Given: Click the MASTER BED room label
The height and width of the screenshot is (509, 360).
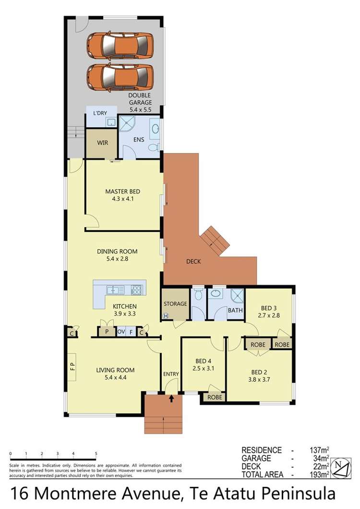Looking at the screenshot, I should (122, 192).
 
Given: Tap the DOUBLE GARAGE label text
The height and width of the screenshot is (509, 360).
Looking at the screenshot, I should (140, 99).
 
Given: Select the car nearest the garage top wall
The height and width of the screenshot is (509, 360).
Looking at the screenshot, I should (120, 45).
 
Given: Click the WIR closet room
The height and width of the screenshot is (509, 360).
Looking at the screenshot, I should (102, 143).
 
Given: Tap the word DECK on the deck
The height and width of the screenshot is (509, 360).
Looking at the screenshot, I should (193, 262).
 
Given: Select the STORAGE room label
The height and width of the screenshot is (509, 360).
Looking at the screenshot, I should (175, 304).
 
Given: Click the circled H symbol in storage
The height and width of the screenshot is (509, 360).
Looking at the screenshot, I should (166, 316).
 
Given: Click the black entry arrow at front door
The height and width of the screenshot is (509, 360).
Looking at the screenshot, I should (172, 398).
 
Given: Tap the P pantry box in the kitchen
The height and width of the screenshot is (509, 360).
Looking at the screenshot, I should (107, 332).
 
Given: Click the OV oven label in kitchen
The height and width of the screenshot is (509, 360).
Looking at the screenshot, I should (121, 332).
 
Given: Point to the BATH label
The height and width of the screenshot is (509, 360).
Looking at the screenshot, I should (235, 311).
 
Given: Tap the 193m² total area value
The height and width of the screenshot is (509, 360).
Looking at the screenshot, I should (317, 475).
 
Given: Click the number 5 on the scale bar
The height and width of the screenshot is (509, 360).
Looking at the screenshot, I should (96, 453).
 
